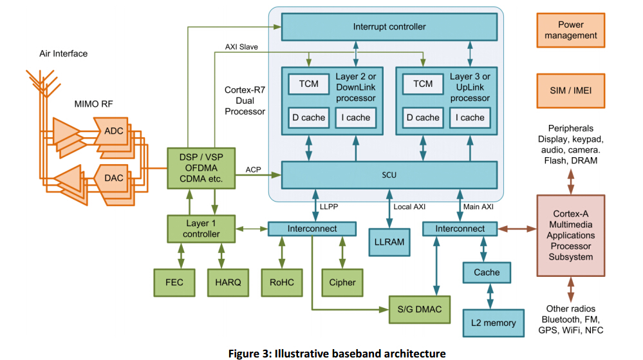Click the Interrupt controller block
[389, 27]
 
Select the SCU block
[389, 175]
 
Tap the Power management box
[570, 30]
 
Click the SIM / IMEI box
[570, 90]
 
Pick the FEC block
[174, 282]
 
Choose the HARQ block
[228, 282]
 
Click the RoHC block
[281, 282]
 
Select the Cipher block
[342, 282]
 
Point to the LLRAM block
[389, 242]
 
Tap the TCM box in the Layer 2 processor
[309, 84]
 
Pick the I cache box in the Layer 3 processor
[470, 117]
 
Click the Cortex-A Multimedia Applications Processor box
[570, 235]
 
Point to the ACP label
[253, 169]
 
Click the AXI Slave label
[241, 47]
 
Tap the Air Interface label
[63, 53]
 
